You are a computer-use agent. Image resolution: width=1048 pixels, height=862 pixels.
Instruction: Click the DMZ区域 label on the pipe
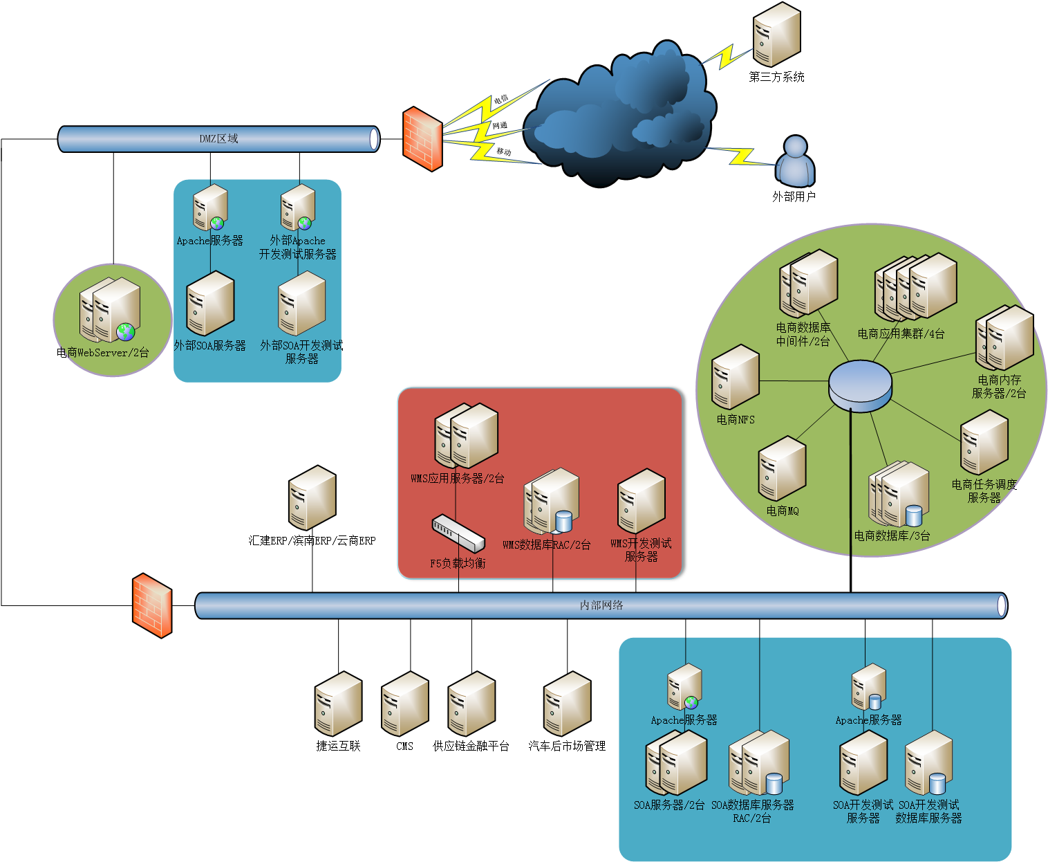click(218, 139)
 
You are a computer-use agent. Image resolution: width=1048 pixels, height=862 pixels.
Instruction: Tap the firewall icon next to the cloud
click(422, 139)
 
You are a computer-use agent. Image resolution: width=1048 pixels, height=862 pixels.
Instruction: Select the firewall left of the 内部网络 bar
click(152, 605)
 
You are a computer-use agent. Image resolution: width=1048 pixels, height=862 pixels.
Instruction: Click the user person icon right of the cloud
click(796, 162)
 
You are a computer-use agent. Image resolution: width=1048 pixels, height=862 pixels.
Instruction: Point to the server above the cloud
click(776, 35)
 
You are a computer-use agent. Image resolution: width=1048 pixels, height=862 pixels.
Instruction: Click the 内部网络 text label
click(601, 605)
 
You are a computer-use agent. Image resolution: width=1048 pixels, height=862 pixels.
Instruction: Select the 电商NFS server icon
click(736, 377)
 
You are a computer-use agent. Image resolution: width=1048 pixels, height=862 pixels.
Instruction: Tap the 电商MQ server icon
click(782, 468)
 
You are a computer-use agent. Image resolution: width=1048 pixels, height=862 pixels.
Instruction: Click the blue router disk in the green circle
click(860, 385)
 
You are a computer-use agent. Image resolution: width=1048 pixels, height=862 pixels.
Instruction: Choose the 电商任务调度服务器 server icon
click(984, 442)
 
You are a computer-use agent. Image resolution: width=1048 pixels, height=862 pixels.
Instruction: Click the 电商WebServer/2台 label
click(104, 353)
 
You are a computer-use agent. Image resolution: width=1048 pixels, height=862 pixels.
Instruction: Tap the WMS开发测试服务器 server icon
click(641, 501)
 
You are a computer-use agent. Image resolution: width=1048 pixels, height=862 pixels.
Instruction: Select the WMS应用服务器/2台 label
click(457, 479)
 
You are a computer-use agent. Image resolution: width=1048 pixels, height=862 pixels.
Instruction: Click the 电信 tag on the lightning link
click(501, 99)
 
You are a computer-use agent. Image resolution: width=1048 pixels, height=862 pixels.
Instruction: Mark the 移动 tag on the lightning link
click(504, 152)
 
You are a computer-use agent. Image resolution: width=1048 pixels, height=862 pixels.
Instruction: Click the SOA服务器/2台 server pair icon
click(676, 762)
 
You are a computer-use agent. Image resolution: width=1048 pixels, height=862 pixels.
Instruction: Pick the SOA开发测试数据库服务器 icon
click(929, 762)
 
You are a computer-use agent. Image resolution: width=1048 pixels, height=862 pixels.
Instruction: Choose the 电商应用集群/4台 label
click(901, 333)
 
